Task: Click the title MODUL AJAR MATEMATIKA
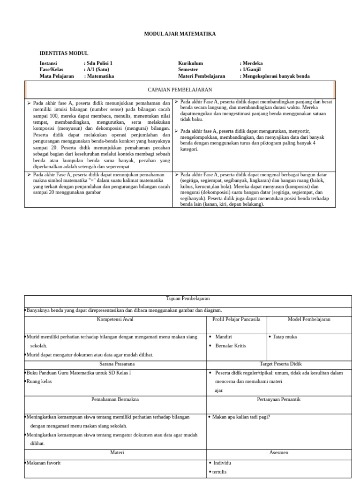pyautogui.click(x=180, y=34)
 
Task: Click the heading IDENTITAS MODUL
pyautogui.click(x=64, y=53)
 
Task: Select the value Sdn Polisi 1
pyautogui.click(x=100, y=63)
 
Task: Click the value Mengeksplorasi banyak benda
pyautogui.click(x=276, y=76)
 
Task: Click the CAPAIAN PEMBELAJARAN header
pyautogui.click(x=180, y=90)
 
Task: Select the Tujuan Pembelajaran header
pyautogui.click(x=188, y=299)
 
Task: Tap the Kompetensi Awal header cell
pyautogui.click(x=115, y=319)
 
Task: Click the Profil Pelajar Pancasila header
pyautogui.click(x=236, y=319)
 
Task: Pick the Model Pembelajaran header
pyautogui.click(x=309, y=319)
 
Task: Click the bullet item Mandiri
pyautogui.click(x=224, y=337)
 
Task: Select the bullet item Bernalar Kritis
pyautogui.click(x=231, y=346)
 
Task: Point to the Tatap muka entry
pyautogui.click(x=285, y=337)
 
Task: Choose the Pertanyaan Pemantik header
pyautogui.click(x=278, y=399)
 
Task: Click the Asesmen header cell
pyautogui.click(x=278, y=453)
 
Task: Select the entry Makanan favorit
pyautogui.click(x=44, y=463)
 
